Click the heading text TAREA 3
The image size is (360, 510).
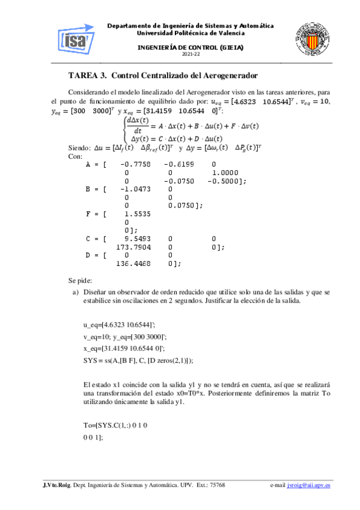coord(88,76)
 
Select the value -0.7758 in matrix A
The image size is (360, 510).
coord(135,164)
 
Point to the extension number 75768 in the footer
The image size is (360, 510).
coord(215,485)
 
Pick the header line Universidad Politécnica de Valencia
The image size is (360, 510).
coord(191,33)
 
